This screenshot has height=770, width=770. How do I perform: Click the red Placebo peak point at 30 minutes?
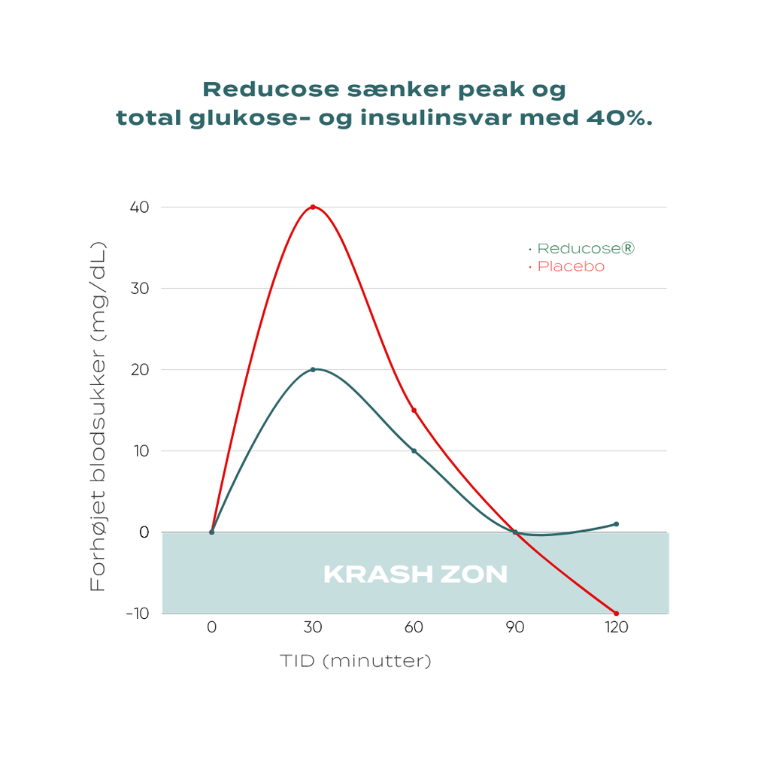pyautogui.click(x=313, y=207)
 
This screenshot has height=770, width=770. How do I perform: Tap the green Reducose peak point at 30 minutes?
pyautogui.click(x=313, y=369)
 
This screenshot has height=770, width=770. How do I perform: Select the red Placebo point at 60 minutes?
pyautogui.click(x=414, y=411)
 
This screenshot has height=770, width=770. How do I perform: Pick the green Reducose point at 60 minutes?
pyautogui.click(x=414, y=451)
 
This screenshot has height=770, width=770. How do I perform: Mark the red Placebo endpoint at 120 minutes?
pyautogui.click(x=616, y=614)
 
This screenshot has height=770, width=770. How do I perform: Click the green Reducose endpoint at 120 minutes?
pyautogui.click(x=616, y=524)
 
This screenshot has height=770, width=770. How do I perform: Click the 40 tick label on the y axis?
pyautogui.click(x=139, y=207)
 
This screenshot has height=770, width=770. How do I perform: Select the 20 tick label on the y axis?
pyautogui.click(x=139, y=370)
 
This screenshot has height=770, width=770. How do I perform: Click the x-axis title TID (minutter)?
pyautogui.click(x=356, y=662)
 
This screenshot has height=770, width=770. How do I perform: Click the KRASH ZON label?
pyautogui.click(x=415, y=575)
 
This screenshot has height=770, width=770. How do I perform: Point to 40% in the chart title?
pyautogui.click(x=616, y=118)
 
